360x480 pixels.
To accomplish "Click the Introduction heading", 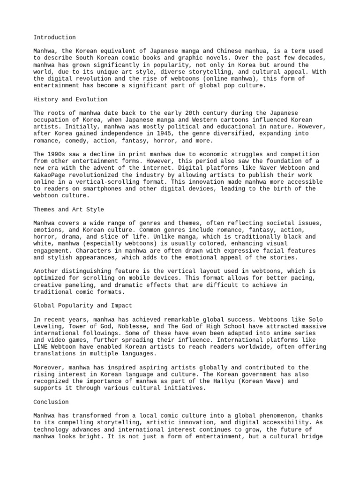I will coord(54,37).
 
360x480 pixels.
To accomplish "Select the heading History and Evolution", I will coord(70,99).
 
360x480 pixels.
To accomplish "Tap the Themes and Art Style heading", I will coord(68,209).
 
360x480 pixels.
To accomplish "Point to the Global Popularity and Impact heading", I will coord(82,305).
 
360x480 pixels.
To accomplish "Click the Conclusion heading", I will coord(51,402).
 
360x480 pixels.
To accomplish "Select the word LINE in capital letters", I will coord(41,346).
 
